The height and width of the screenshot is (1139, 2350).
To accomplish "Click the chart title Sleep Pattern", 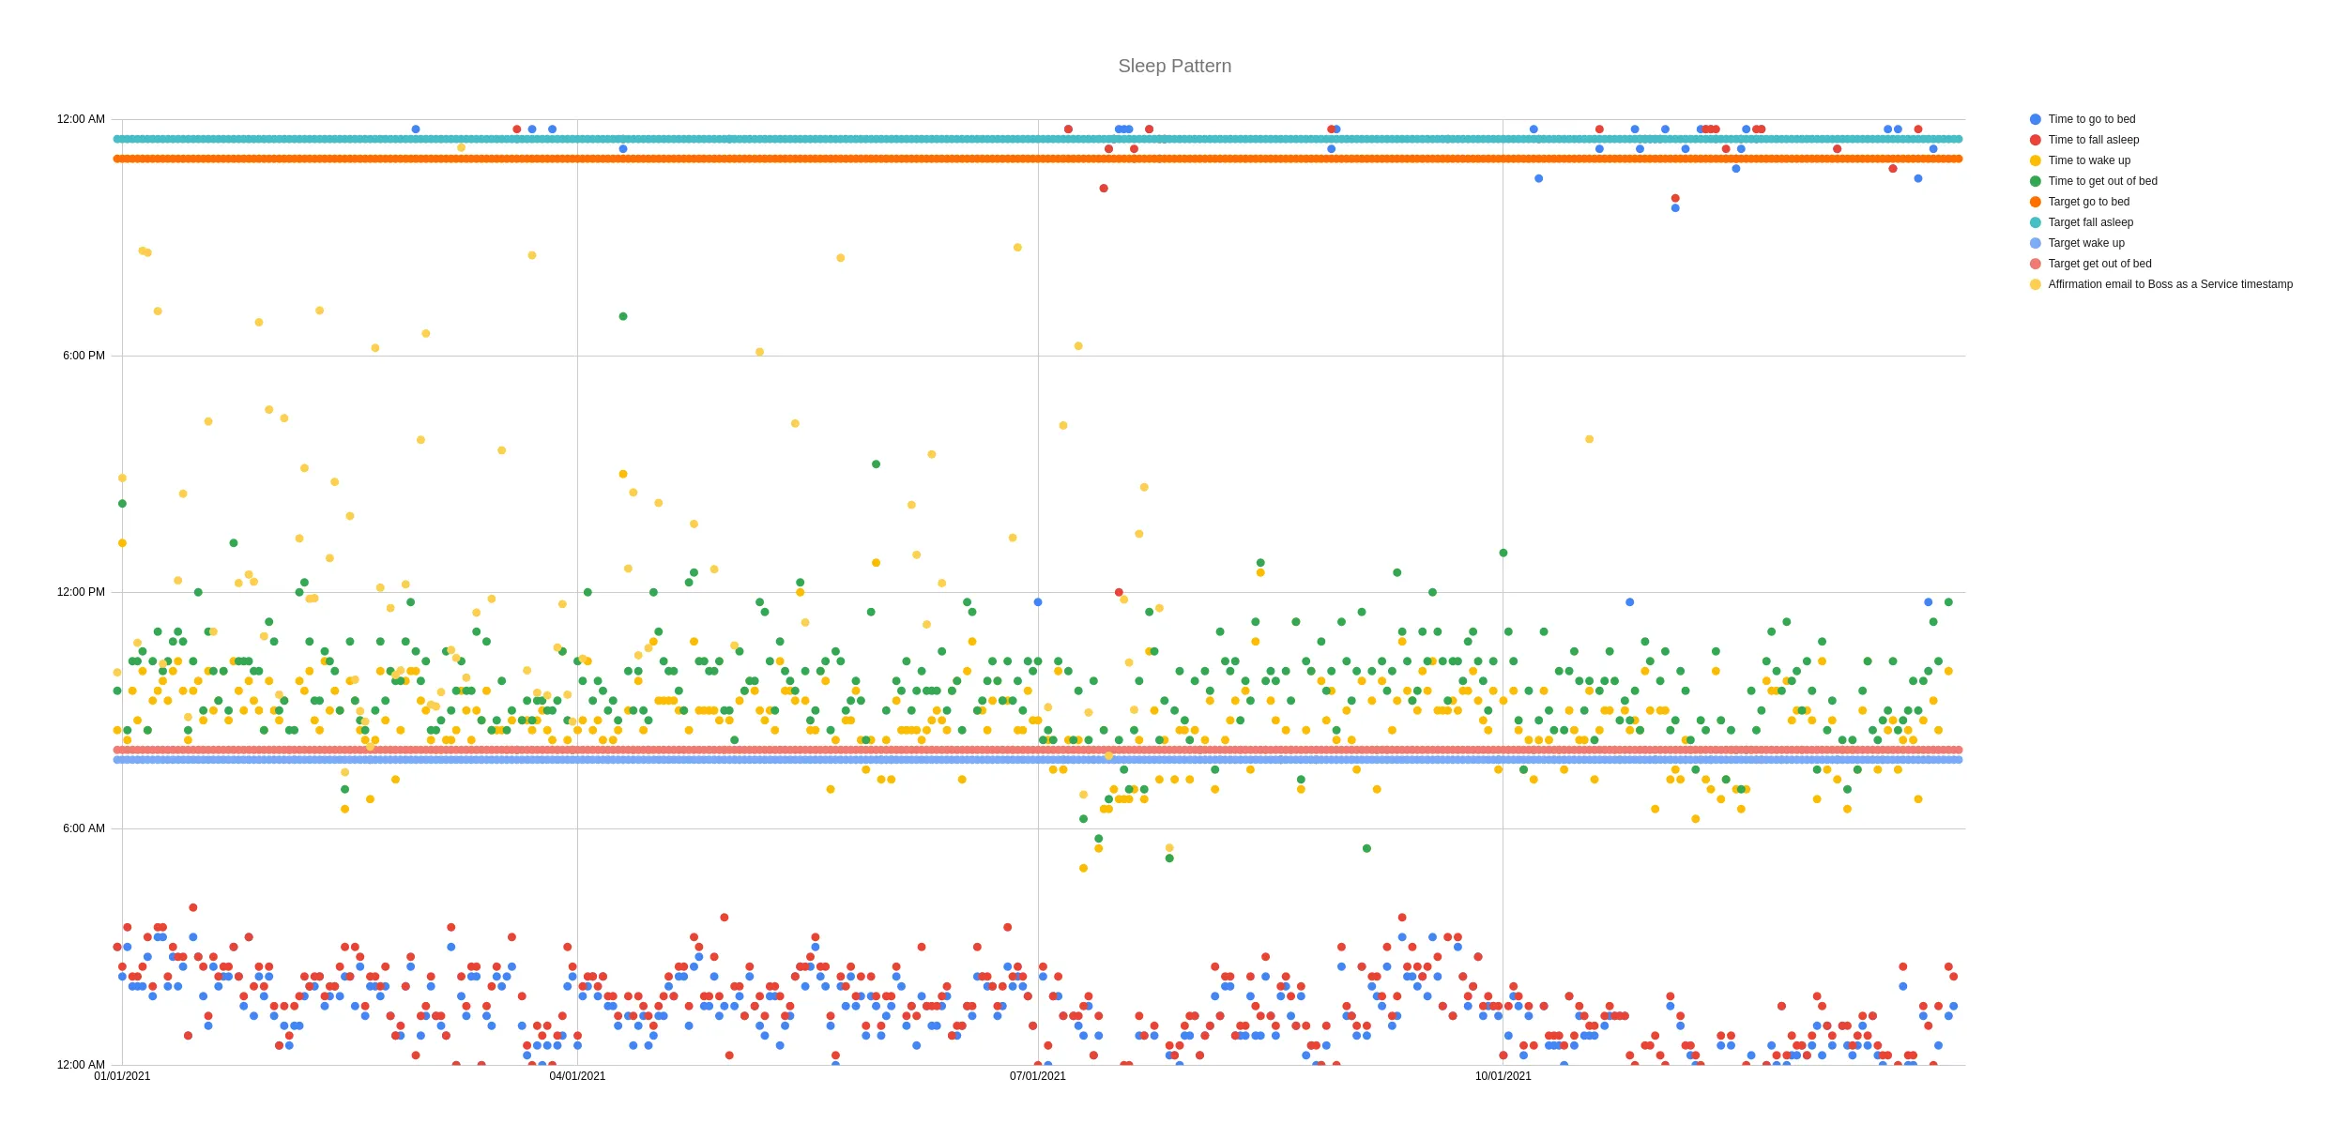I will coord(1174,67).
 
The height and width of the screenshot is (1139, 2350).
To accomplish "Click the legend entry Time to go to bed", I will coord(2091,119).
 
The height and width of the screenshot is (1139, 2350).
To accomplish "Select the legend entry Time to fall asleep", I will coord(2093,140).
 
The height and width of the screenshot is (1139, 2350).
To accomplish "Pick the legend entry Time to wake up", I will coord(2089,160).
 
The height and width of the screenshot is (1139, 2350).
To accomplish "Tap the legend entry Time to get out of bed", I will coord(2102,181).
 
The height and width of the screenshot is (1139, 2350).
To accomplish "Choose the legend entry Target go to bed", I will coord(2088,202).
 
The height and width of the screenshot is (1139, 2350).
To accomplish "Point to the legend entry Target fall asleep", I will coord(2090,222).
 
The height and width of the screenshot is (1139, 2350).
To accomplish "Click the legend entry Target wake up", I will coord(2085,243).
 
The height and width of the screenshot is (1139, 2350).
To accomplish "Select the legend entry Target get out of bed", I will coord(2099,264).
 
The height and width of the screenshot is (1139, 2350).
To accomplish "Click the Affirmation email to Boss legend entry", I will coord(2170,284).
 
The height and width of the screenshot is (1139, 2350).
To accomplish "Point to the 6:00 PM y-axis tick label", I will coord(84,356).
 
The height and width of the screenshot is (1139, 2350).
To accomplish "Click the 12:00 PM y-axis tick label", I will coord(81,592).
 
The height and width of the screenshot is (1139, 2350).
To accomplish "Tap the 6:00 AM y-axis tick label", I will coord(84,828).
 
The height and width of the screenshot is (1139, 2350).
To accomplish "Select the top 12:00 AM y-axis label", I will coord(81,119).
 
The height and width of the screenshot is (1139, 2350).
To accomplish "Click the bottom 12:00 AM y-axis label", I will coord(81,1065).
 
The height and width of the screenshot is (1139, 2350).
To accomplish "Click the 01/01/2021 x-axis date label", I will coord(122,1076).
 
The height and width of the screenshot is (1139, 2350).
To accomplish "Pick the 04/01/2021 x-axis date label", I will coord(577,1076).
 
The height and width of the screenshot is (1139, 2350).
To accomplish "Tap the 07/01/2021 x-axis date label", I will coord(1038,1076).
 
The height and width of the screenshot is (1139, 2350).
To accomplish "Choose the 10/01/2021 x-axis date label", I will coord(1503,1076).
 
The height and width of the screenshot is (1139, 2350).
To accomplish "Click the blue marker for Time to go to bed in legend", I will coord(2036,119).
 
